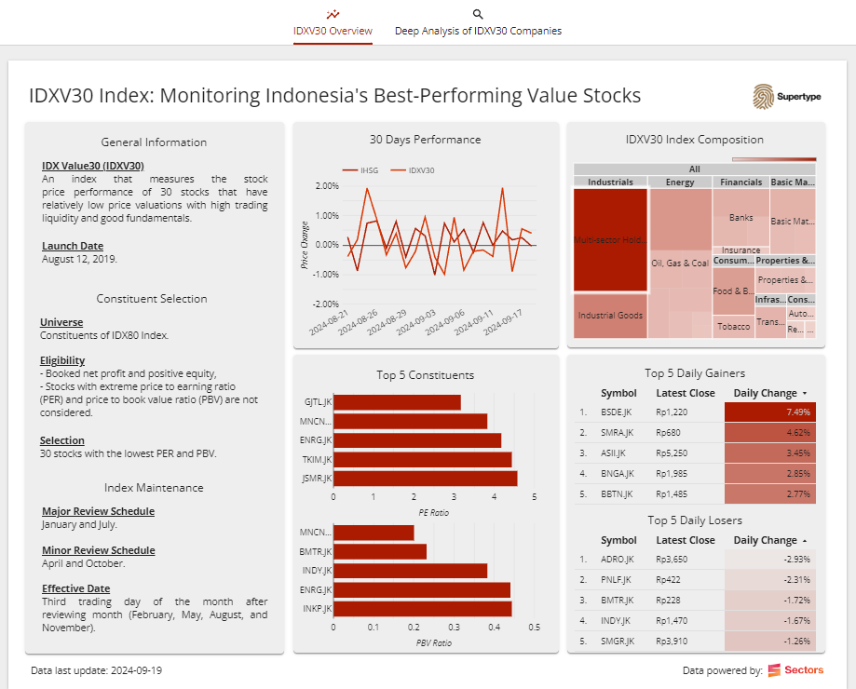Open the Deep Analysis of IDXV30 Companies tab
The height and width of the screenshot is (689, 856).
[x=478, y=31]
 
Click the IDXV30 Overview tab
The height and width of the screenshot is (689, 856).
[x=333, y=31]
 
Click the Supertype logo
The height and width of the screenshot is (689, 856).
[x=787, y=97]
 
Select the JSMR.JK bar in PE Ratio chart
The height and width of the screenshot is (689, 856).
[x=425, y=479]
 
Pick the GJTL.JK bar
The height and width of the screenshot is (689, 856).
[x=397, y=402]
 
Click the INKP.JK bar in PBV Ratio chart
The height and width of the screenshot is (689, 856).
[x=422, y=609]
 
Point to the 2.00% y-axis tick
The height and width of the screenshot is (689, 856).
[x=326, y=186]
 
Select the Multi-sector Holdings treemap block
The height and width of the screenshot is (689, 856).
[x=610, y=240]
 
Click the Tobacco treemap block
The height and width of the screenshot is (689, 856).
[x=734, y=327]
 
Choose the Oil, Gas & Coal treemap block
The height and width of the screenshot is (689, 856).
[x=680, y=263]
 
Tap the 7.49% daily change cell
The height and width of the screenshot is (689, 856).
[x=769, y=412]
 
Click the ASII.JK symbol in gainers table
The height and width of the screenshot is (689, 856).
[x=617, y=453]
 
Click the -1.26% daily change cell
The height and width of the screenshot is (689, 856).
[x=769, y=641]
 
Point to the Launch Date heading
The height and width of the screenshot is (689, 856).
[x=73, y=246]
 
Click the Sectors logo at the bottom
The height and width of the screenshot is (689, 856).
[x=795, y=670]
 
